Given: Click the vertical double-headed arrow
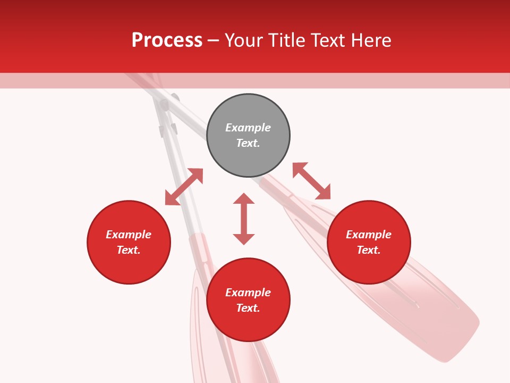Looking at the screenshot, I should click(244, 219).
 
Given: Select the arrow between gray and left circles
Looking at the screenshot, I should click(184, 187).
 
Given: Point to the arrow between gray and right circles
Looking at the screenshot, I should click(311, 181).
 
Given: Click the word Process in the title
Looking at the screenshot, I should click(167, 40).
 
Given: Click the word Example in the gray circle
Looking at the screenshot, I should click(248, 128).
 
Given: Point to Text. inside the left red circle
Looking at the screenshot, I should click(129, 250).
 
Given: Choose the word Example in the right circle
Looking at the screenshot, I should click(369, 235).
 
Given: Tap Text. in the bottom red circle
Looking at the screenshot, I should click(248, 308).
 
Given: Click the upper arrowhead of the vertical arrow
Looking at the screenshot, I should click(244, 198).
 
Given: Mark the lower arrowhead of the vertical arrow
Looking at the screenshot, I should click(244, 239).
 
